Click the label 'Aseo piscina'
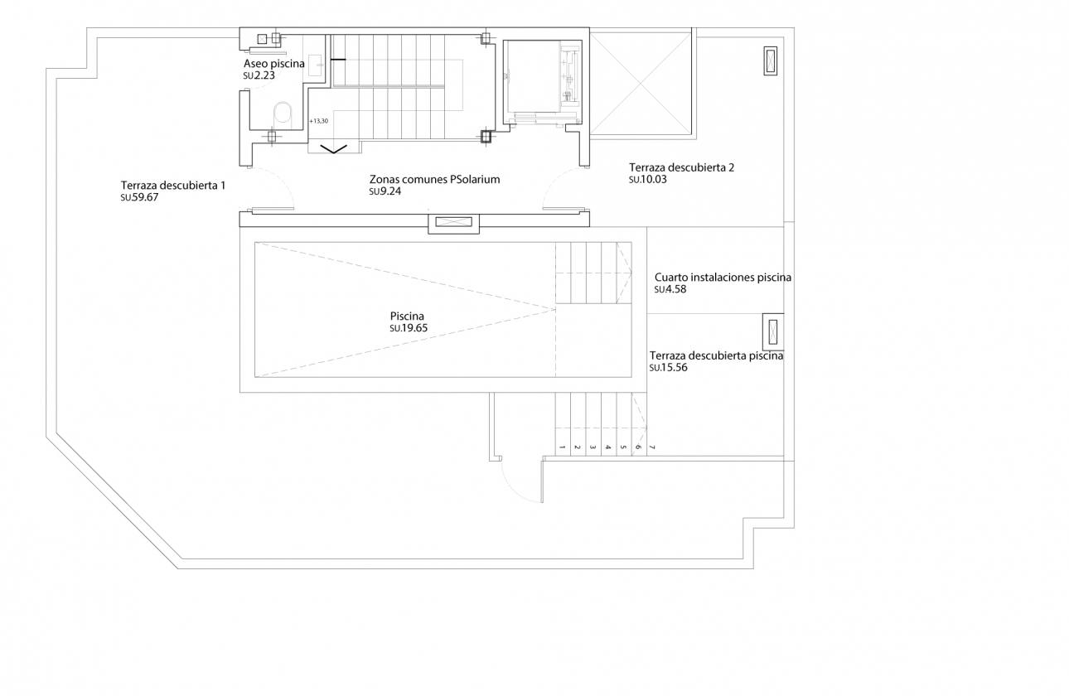273,64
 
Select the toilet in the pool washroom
283,115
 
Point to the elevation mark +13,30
318,121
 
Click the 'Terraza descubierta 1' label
172,186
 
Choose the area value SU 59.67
139,198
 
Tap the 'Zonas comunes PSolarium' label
434,179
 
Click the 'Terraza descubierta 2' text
681,167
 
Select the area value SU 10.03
648,180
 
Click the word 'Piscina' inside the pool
407,316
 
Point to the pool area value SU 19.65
408,328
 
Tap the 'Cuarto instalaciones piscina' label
723,278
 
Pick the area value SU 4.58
670,290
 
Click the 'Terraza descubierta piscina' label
717,355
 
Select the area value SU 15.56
668,368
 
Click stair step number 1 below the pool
562,447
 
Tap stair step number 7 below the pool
652,447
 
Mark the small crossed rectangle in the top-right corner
772,61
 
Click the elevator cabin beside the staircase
543,80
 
